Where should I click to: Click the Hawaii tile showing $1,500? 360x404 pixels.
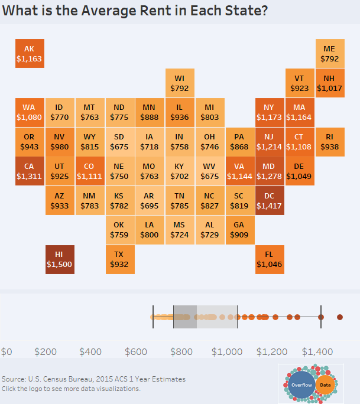[x=59, y=259]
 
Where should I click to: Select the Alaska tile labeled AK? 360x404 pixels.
[x=29, y=54]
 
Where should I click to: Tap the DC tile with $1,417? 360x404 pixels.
[x=270, y=201]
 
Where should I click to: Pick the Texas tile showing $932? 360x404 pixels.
[x=119, y=259]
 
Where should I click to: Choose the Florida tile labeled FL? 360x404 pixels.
[x=270, y=259]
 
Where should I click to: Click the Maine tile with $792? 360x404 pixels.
[x=330, y=54]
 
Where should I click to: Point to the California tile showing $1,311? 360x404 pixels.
[x=29, y=171]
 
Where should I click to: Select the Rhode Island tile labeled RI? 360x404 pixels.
[x=330, y=142]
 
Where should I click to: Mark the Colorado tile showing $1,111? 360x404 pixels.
[x=89, y=171]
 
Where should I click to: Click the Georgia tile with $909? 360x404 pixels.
[x=239, y=230]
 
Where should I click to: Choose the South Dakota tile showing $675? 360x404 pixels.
[x=119, y=142]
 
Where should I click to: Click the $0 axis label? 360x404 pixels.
[x=7, y=352]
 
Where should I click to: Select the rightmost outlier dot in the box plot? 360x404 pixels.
[x=340, y=317]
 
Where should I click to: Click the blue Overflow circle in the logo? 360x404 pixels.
[x=302, y=385]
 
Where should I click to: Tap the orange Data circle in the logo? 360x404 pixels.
[x=325, y=385]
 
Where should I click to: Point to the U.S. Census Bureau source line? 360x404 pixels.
[x=93, y=379]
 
